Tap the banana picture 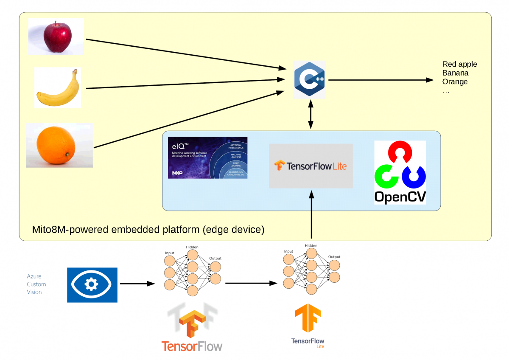(58, 88)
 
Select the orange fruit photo (59, 145)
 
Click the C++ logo (310, 80)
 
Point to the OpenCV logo (400, 172)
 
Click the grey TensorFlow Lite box (310, 166)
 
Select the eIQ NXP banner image (207, 157)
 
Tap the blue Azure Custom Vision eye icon (92, 285)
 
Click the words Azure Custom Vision (36, 284)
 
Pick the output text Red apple (459, 64)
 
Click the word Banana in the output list (455, 73)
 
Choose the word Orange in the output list (455, 82)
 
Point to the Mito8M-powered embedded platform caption (148, 230)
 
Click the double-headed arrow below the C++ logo (311, 115)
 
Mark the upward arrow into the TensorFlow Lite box (312, 214)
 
